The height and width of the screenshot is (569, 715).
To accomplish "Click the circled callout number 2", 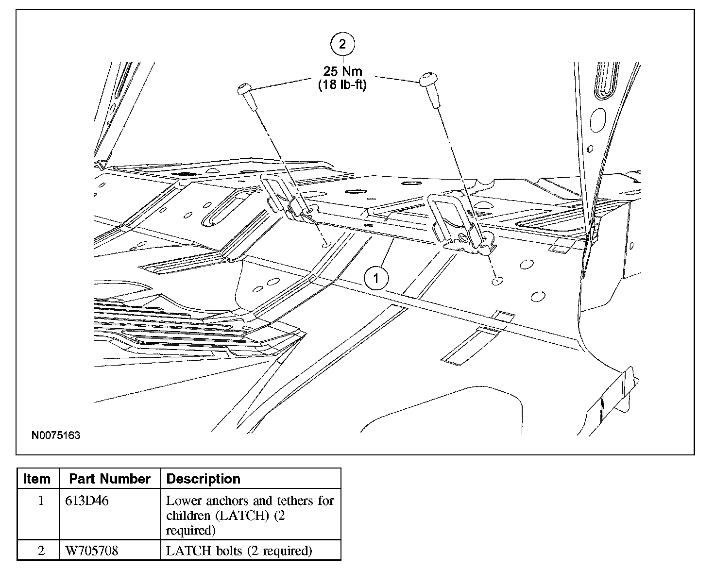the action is coord(342,45).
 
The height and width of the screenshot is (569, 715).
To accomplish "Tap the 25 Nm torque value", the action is coord(343,71).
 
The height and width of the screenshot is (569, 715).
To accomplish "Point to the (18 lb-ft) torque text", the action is coord(342,84).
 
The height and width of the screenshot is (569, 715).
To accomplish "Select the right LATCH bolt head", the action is coord(428,79).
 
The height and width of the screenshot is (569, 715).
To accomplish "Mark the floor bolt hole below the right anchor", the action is coord(496,281).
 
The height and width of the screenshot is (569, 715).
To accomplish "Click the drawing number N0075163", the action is coord(56,435).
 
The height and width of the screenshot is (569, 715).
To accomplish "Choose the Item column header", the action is coord(37,479).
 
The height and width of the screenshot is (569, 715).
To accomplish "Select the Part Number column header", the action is coord(110,479).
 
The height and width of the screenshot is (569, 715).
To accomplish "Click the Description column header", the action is coord(204,479).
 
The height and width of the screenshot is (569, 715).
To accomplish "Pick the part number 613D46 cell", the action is coord(86,501).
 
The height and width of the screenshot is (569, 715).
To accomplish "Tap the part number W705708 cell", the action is coord(91,551).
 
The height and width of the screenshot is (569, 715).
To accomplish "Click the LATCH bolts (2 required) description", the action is coord(238,551).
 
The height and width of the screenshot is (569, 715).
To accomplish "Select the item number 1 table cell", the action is coord(41,501).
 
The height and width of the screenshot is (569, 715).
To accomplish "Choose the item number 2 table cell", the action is coord(41,551).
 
